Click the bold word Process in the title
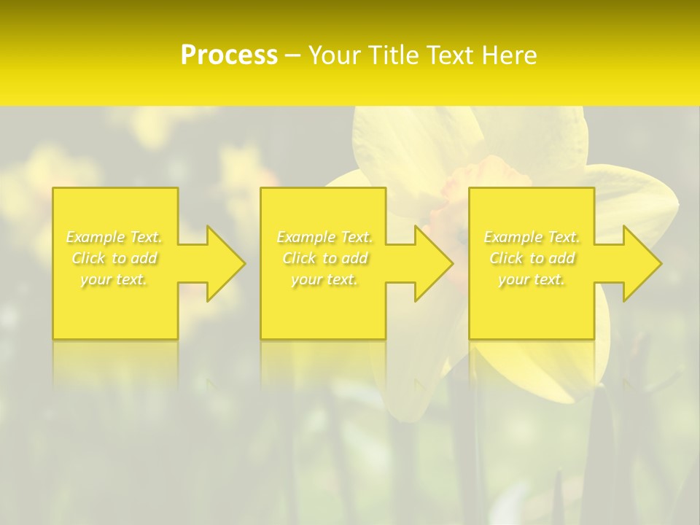229,55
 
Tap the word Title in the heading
394,55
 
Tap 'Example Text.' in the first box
114,237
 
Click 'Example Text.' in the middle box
324,237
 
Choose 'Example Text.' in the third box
532,237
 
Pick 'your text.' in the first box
114,279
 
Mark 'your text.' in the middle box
324,279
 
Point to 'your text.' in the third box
532,279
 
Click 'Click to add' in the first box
114,258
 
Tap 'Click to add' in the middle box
324,258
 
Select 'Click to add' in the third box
532,258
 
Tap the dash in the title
293,55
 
